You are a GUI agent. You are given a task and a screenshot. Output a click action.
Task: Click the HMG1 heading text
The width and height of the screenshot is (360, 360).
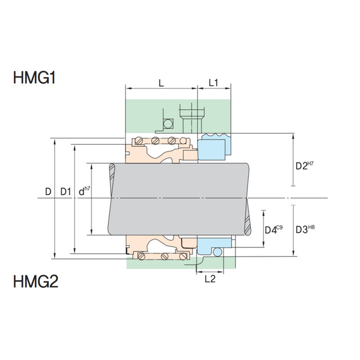point(34,78)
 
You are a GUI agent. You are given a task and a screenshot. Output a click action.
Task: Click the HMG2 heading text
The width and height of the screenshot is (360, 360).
point(35,282)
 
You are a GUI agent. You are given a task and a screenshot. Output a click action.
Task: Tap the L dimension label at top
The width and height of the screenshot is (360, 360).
point(161,83)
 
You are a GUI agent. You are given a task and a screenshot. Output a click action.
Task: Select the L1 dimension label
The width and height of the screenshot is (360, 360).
point(213,83)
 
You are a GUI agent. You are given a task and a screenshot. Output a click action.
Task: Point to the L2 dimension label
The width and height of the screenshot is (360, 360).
point(210,279)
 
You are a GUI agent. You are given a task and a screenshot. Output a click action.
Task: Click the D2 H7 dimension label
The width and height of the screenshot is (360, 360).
point(305,166)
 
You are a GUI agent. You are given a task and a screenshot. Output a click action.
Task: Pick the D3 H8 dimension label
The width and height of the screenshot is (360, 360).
point(305,229)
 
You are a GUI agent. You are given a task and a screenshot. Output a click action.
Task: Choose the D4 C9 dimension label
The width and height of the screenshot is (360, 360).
point(274,229)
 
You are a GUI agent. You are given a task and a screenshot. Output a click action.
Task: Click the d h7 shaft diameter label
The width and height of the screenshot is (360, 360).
point(84,191)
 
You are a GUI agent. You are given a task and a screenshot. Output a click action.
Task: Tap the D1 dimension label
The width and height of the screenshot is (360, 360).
point(66,191)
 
